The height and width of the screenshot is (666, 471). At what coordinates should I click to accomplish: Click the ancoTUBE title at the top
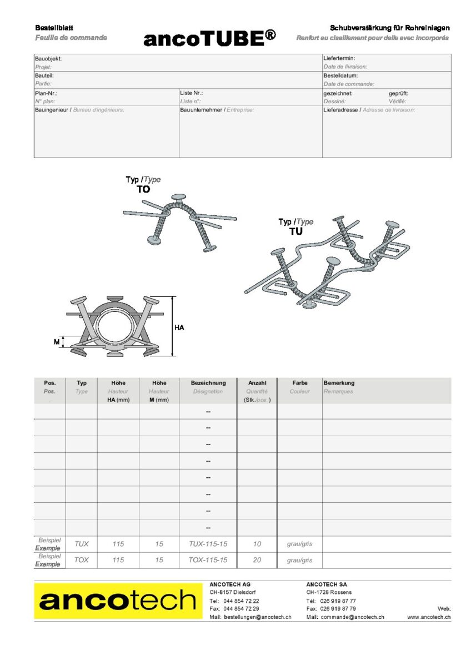pyautogui.click(x=209, y=38)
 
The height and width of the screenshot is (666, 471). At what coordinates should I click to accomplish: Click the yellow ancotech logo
pyautogui.click(x=118, y=601)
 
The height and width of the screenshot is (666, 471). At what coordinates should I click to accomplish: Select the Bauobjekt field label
pyautogui.click(x=48, y=58)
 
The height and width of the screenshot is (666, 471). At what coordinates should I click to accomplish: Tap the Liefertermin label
pyautogui.click(x=339, y=58)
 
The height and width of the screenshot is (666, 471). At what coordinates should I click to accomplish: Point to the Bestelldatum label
pyautogui.click(x=340, y=75)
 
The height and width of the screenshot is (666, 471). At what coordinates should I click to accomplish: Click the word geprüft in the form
pyautogui.click(x=398, y=93)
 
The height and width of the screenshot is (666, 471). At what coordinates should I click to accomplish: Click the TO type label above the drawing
pyautogui.click(x=143, y=189)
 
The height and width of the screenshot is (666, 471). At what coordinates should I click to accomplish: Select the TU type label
pyautogui.click(x=296, y=231)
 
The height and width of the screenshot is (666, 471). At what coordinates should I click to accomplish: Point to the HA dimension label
pyautogui.click(x=179, y=327)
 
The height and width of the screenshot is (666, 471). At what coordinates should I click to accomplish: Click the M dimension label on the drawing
pyautogui.click(x=57, y=342)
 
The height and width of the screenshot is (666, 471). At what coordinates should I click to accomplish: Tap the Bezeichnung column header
pyautogui.click(x=208, y=383)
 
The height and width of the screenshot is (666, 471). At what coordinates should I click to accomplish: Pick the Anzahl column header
pyautogui.click(x=257, y=383)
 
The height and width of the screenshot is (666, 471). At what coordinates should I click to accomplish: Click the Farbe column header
pyautogui.click(x=300, y=383)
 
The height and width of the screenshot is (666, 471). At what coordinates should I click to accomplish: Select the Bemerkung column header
pyautogui.click(x=339, y=383)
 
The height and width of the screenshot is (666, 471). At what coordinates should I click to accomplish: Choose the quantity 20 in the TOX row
pyautogui.click(x=257, y=560)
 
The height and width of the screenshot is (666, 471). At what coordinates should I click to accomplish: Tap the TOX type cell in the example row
pyautogui.click(x=81, y=560)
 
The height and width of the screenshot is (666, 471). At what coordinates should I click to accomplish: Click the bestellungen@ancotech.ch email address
pyautogui.click(x=257, y=617)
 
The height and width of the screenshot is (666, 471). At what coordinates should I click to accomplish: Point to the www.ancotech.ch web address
pyautogui.click(x=428, y=617)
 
